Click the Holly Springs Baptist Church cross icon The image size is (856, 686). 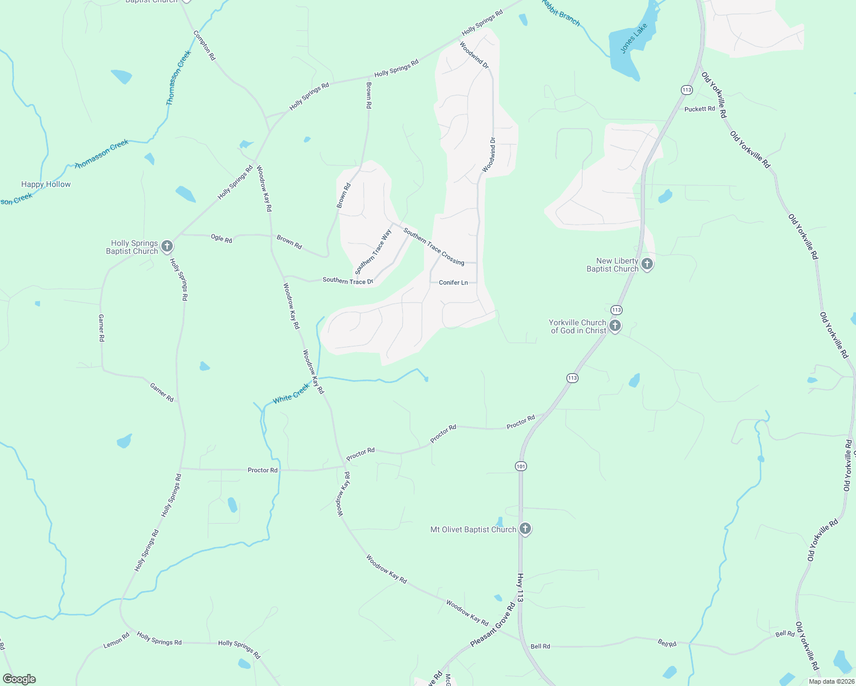(x=167, y=246)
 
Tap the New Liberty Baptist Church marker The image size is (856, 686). (x=647, y=264)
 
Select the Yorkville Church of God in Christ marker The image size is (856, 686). (x=615, y=326)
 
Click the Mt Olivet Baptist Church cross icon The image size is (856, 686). (x=525, y=529)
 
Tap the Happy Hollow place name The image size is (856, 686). (x=46, y=184)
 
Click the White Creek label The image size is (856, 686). (x=291, y=393)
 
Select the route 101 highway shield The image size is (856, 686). (x=520, y=466)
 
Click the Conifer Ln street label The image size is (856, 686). (x=453, y=282)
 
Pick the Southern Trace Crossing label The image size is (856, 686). (x=434, y=246)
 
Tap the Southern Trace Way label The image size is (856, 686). (x=373, y=252)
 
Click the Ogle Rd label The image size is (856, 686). (x=221, y=238)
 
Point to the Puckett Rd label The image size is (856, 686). (x=699, y=109)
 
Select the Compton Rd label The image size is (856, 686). (x=204, y=46)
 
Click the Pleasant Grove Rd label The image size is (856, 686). (x=493, y=625)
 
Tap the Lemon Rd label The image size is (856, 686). (x=116, y=641)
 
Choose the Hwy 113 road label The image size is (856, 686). (x=520, y=587)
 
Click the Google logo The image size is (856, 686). (x=19, y=679)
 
